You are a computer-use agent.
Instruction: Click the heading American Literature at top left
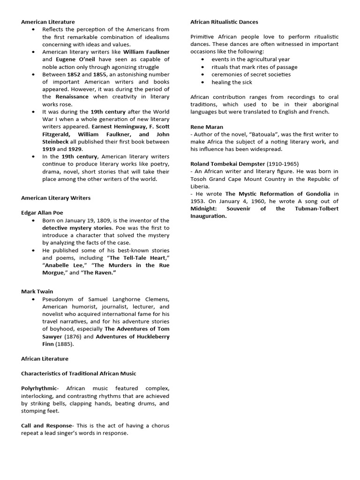48,22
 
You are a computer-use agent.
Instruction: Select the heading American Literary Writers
56,198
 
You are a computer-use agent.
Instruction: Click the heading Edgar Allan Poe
42,213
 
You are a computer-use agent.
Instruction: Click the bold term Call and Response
47,426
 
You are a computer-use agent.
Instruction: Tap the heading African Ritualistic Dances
224,22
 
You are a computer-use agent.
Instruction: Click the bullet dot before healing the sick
202,82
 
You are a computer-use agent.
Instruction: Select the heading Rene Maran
206,127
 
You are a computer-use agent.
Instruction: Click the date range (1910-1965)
283,164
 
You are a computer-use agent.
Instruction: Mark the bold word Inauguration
208,216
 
